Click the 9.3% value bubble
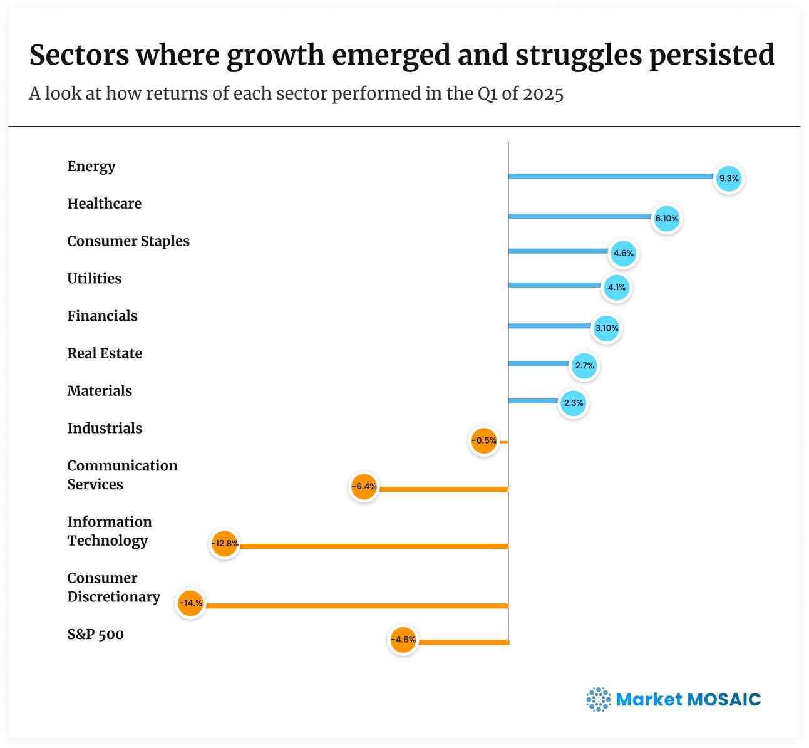729,179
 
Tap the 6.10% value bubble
666,219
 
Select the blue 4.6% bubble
623,254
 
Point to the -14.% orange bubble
190,603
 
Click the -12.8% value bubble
224,543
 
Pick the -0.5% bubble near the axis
484,440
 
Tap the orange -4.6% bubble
403,640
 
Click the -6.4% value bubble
363,486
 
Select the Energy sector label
91,166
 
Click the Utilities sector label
95,278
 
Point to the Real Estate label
105,353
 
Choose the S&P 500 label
95,634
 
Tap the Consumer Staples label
128,241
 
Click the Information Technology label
110,531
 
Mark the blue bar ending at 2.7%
538,363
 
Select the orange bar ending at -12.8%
376,546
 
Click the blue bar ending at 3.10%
550,326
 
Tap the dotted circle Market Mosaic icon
598,699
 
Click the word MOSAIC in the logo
724,699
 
